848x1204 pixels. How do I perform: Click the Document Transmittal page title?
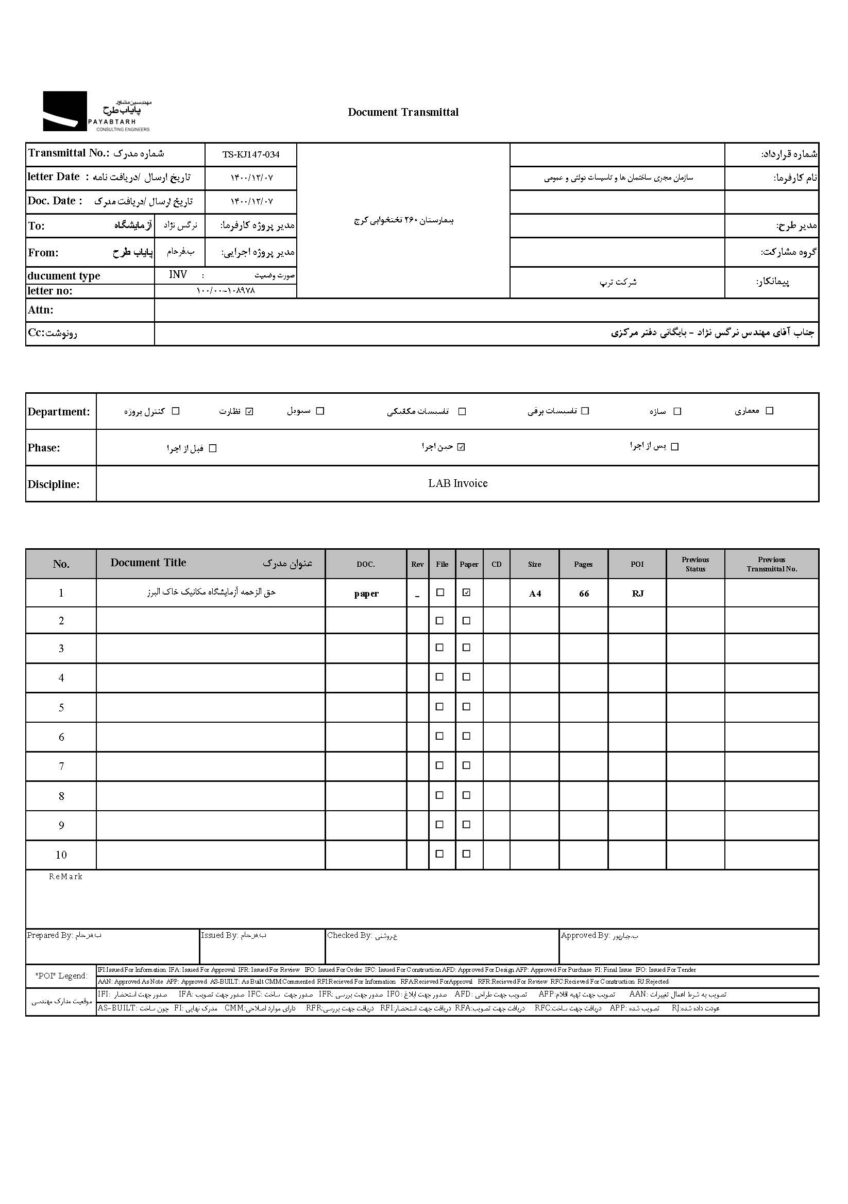(403, 112)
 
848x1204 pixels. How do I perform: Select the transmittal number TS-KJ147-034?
(251, 155)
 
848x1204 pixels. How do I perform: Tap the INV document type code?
(178, 275)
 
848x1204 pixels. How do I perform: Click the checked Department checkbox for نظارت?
(250, 412)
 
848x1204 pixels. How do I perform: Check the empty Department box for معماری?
(769, 411)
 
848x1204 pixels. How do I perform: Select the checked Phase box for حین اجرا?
(461, 447)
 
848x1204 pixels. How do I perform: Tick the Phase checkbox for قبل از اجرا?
(213, 448)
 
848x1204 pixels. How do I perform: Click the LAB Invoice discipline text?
(457, 483)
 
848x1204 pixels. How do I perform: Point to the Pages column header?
(583, 564)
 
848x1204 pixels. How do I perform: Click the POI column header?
(637, 564)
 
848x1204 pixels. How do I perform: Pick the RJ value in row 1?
(638, 594)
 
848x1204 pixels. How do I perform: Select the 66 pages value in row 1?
(584, 594)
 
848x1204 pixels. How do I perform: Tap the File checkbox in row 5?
(440, 707)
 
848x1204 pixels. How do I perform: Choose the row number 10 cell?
(61, 856)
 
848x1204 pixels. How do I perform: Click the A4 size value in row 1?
(535, 594)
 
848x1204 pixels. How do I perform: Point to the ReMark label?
(65, 877)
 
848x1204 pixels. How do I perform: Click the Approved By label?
(585, 935)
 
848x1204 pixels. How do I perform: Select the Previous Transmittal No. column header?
(771, 564)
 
